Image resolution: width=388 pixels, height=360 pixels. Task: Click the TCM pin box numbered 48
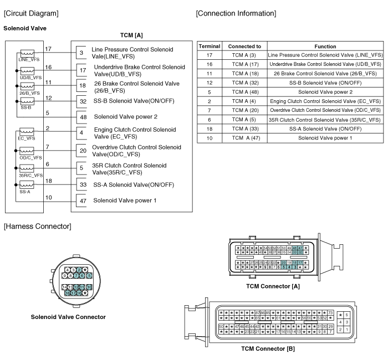click(x=81, y=117)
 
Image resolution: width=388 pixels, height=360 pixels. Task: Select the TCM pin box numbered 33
click(x=81, y=184)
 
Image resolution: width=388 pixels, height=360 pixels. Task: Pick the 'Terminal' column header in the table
click(x=210, y=47)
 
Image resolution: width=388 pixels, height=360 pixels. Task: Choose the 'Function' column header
click(x=325, y=47)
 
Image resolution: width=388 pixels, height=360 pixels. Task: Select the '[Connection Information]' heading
click(x=236, y=13)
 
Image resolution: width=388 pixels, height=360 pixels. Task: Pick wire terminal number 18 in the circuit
click(x=48, y=181)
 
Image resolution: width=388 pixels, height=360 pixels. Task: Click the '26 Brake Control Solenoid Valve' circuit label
click(x=136, y=84)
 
